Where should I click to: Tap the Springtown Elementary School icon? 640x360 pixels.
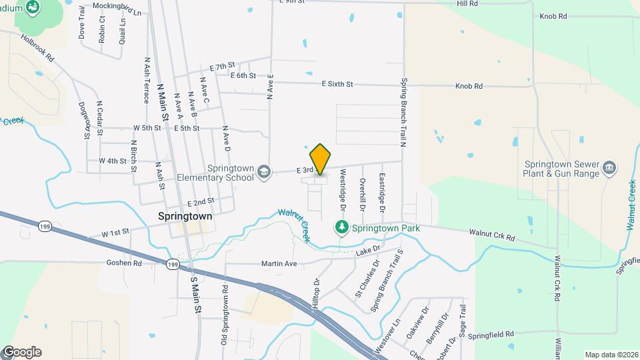click(264, 172)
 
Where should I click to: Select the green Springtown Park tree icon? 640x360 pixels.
click(342, 228)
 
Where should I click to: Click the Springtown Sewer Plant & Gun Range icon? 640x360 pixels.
click(609, 167)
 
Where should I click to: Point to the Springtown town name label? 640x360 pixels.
click(185, 217)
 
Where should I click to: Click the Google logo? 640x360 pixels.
click(21, 352)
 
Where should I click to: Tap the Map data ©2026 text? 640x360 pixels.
click(610, 355)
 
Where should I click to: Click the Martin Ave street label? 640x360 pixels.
click(278, 264)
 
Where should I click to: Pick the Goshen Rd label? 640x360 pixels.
click(124, 263)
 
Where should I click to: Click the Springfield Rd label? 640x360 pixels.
click(491, 333)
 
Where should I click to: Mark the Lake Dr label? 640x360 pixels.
click(367, 250)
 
